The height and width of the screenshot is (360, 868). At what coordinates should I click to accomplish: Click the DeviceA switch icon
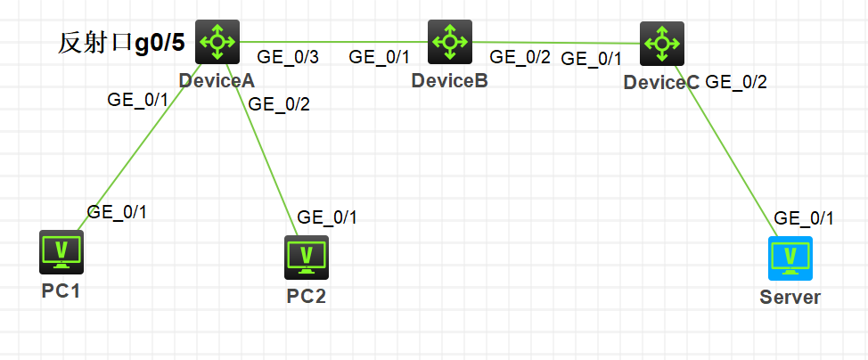(217, 41)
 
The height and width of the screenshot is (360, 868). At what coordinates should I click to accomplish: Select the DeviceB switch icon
(450, 41)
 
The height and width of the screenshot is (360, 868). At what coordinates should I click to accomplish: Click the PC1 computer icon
(61, 252)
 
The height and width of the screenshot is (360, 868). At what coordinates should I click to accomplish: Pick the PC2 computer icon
(307, 258)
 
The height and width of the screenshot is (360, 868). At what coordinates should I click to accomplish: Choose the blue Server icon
(790, 258)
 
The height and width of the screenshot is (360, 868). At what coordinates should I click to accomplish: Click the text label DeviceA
(217, 81)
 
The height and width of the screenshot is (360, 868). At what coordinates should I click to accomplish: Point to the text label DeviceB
(449, 82)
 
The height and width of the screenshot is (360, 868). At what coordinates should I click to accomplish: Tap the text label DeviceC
(661, 84)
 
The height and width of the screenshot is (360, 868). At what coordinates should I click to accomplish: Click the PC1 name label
(61, 291)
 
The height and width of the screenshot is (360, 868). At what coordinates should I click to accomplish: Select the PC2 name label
(306, 297)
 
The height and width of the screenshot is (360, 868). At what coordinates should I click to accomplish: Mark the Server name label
(790, 297)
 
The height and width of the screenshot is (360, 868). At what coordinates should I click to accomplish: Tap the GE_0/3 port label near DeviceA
(289, 57)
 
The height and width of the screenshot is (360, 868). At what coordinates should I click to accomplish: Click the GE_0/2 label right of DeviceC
(736, 83)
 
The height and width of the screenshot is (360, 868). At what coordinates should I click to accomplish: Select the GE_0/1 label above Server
(804, 218)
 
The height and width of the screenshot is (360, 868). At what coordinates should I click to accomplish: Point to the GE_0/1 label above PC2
(327, 217)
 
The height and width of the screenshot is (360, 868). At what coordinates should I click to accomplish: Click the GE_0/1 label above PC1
(117, 212)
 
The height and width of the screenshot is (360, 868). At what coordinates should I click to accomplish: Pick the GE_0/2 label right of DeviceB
(520, 57)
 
